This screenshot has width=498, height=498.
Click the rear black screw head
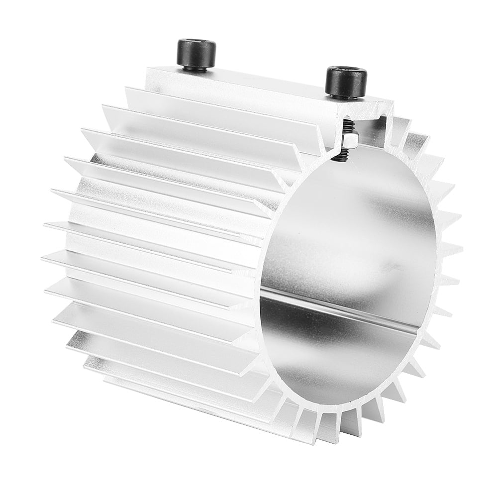(x=196, y=54)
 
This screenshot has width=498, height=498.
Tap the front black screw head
(x=346, y=82)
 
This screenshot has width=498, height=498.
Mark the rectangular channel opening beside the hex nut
(x=371, y=130)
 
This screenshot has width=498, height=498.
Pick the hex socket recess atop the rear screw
(x=196, y=43)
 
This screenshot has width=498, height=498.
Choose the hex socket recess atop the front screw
(x=346, y=71)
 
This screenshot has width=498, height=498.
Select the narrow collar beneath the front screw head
(x=345, y=96)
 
